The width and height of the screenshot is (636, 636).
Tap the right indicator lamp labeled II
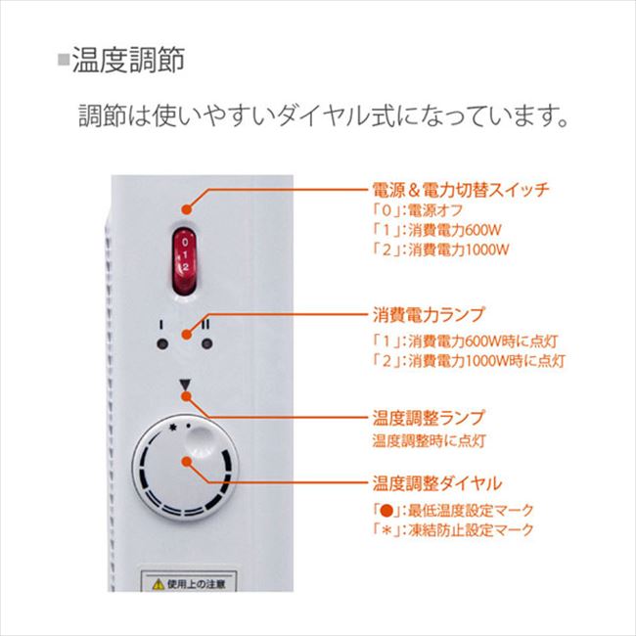206,342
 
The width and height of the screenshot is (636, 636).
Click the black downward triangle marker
184,386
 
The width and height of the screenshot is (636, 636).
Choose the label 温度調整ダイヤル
436,484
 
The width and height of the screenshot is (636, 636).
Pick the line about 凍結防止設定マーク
453,530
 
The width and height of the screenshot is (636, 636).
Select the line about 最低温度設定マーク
453,511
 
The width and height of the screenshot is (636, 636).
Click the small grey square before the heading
64,61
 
